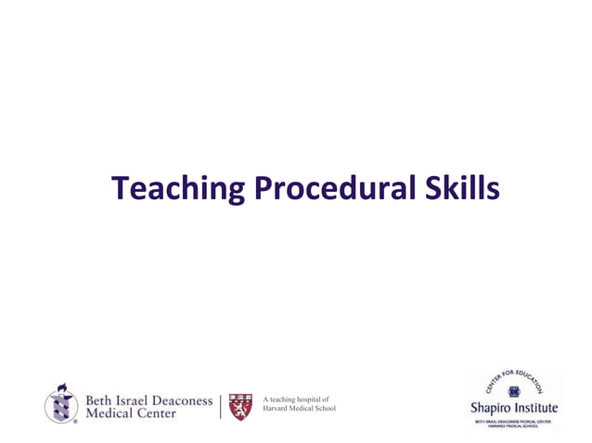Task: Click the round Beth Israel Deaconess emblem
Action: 61,403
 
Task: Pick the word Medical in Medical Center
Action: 109,413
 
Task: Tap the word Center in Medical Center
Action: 154,413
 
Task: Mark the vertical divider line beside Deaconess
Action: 220,406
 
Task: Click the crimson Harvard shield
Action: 239,407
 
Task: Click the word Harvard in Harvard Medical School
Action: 279,409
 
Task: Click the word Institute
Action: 539,409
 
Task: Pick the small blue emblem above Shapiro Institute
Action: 515,391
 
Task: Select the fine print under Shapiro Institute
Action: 515,424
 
